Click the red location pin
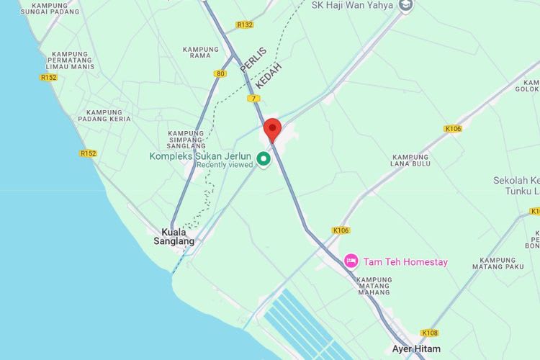point(272,130)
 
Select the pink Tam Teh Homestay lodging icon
point(351,261)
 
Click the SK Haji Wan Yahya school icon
point(406,6)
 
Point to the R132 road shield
point(245,24)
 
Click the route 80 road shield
point(220,73)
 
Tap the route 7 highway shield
point(253,98)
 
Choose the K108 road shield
point(430,333)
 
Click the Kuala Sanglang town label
point(174,237)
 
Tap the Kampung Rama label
point(201,53)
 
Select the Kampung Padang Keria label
point(109,116)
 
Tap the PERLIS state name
point(253,60)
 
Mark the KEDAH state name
point(269,74)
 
